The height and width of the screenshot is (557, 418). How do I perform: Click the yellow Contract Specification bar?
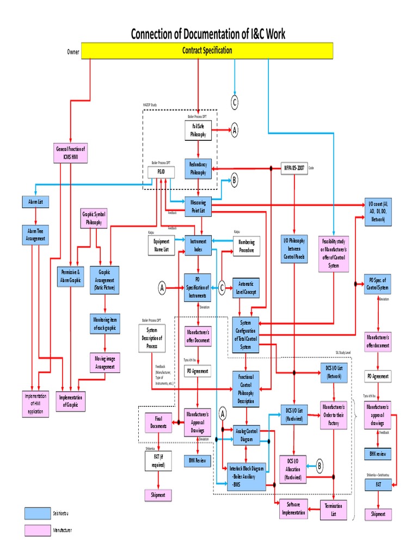[207, 51]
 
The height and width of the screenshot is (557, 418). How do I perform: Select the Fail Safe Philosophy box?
[198, 131]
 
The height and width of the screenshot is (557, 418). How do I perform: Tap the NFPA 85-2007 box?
[294, 168]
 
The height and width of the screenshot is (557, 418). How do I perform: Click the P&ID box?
[161, 172]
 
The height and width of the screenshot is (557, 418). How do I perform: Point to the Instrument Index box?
[198, 245]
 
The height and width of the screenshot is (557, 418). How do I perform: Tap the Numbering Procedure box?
[247, 246]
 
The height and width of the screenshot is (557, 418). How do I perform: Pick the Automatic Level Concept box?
[247, 288]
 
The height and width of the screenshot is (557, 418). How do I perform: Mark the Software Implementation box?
[294, 509]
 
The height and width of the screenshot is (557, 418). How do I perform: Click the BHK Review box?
[198, 460]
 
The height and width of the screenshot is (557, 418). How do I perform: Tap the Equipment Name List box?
[161, 246]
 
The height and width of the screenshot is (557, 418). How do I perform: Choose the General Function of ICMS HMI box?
[70, 153]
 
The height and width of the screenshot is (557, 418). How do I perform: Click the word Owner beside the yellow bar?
[73, 52]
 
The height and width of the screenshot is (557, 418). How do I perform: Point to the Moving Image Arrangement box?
[104, 363]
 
